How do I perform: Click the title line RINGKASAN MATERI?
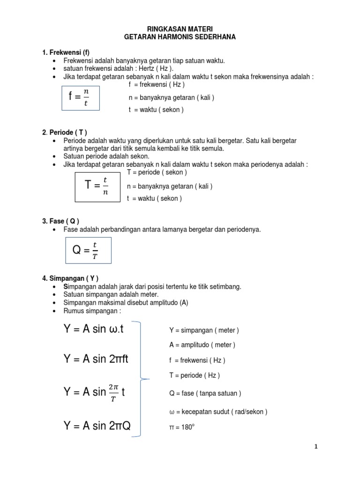point(180,29)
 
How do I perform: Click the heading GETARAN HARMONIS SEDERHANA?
point(180,37)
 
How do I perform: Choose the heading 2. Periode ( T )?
point(65,132)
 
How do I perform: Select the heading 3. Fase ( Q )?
point(60,221)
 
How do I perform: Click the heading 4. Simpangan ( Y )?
point(70,278)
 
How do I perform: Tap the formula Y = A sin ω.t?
point(94,329)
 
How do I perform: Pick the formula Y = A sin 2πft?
point(96,360)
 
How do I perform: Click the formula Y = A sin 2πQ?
point(97,426)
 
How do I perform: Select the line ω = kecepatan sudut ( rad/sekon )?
point(218,412)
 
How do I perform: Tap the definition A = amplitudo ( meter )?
point(202,345)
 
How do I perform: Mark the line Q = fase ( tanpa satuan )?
point(205,393)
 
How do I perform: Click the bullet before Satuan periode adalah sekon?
point(54,157)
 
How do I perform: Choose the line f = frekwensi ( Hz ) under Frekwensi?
point(156,84)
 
